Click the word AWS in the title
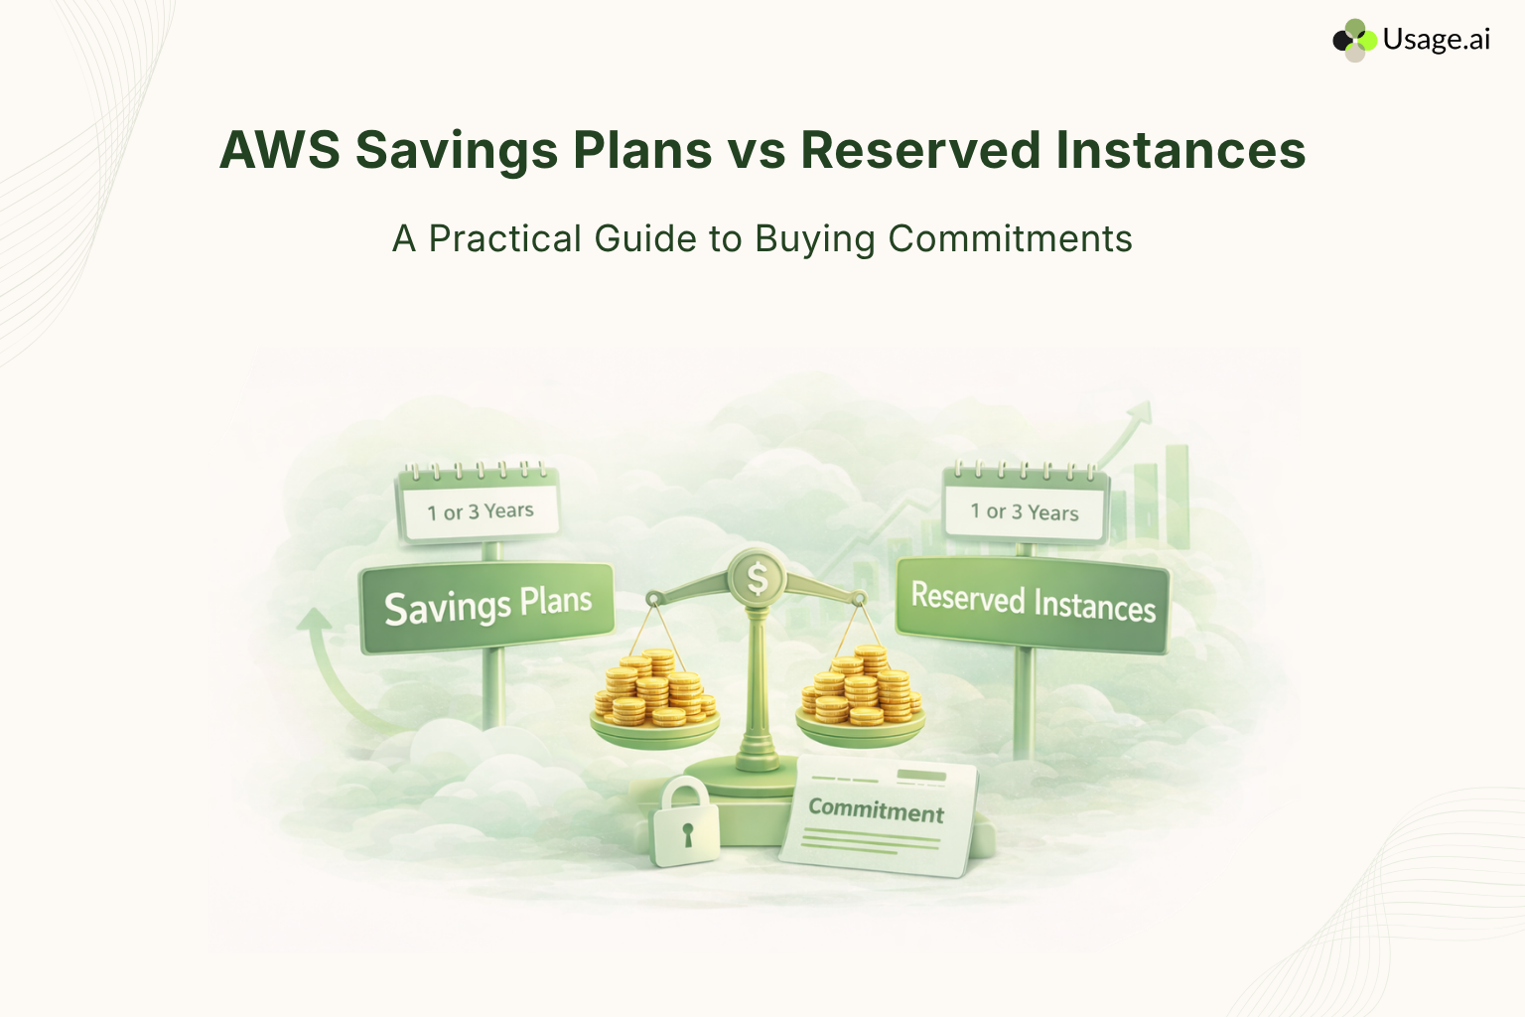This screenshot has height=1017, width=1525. [x=279, y=151]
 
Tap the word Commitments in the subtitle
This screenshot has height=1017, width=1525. [x=1010, y=239]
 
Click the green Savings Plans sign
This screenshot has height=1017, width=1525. [x=486, y=607]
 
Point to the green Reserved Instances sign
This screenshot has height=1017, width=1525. [x=1033, y=603]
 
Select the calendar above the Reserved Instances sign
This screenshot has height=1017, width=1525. [x=1025, y=505]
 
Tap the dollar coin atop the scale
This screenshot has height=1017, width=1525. [x=757, y=577]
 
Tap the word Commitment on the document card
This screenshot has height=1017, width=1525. [x=876, y=810]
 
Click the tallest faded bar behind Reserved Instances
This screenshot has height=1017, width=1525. [x=1178, y=497]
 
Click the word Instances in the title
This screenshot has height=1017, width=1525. [x=1180, y=151]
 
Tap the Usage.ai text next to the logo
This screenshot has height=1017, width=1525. [x=1436, y=40]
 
